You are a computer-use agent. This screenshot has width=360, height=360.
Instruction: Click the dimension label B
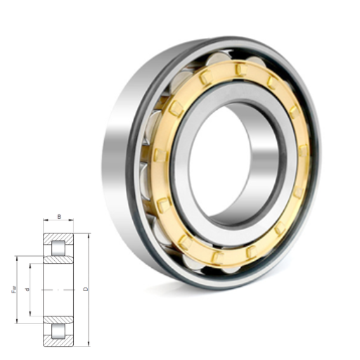(59, 217)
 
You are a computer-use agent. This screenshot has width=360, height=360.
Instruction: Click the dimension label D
(86, 289)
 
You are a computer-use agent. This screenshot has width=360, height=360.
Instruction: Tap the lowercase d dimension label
(27, 290)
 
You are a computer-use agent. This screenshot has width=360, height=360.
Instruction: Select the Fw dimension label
(14, 290)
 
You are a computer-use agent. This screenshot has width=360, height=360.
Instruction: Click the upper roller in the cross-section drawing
(58, 248)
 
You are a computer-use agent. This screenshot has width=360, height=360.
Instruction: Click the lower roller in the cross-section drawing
(58, 331)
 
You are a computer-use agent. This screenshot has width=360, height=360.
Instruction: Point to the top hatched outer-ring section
(58, 238)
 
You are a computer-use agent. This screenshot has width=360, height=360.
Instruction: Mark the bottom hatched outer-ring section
(58, 341)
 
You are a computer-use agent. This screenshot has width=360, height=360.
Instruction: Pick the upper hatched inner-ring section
(58, 259)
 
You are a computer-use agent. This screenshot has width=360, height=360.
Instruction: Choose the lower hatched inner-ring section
(58, 320)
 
